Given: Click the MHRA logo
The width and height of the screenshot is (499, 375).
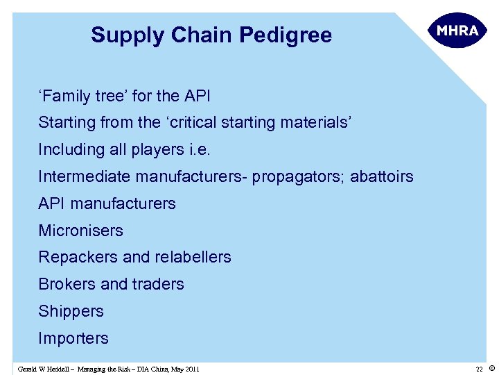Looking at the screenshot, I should click(458, 31).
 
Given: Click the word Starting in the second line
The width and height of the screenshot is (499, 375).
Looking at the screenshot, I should click(65, 123).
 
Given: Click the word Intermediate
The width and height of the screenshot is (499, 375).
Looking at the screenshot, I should click(85, 176).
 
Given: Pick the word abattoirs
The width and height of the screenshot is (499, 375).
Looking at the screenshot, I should click(381, 176).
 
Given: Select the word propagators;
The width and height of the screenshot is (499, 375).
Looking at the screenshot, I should click(299, 177).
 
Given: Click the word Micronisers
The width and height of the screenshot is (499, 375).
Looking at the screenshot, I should click(80, 231).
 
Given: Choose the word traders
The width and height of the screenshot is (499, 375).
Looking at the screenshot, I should click(159, 284).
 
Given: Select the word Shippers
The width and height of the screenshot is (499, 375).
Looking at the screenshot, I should click(71, 311).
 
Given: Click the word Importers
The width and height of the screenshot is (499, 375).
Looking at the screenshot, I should click(73, 338).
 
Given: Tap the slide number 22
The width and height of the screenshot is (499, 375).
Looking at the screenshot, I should click(479, 368).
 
